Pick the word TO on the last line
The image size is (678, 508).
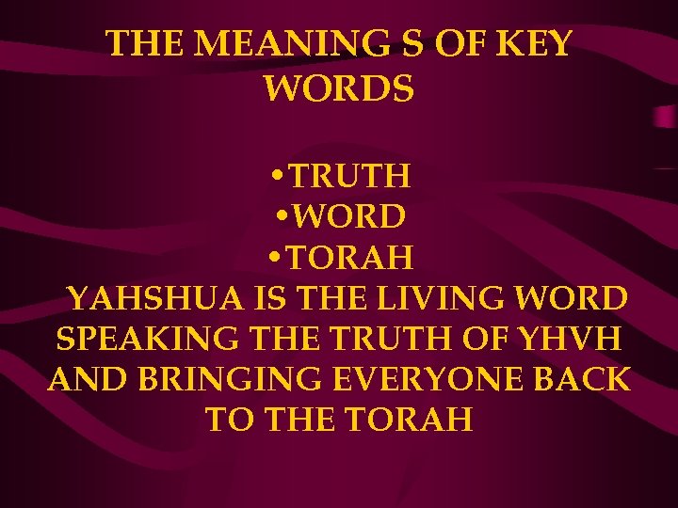(229, 421)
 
